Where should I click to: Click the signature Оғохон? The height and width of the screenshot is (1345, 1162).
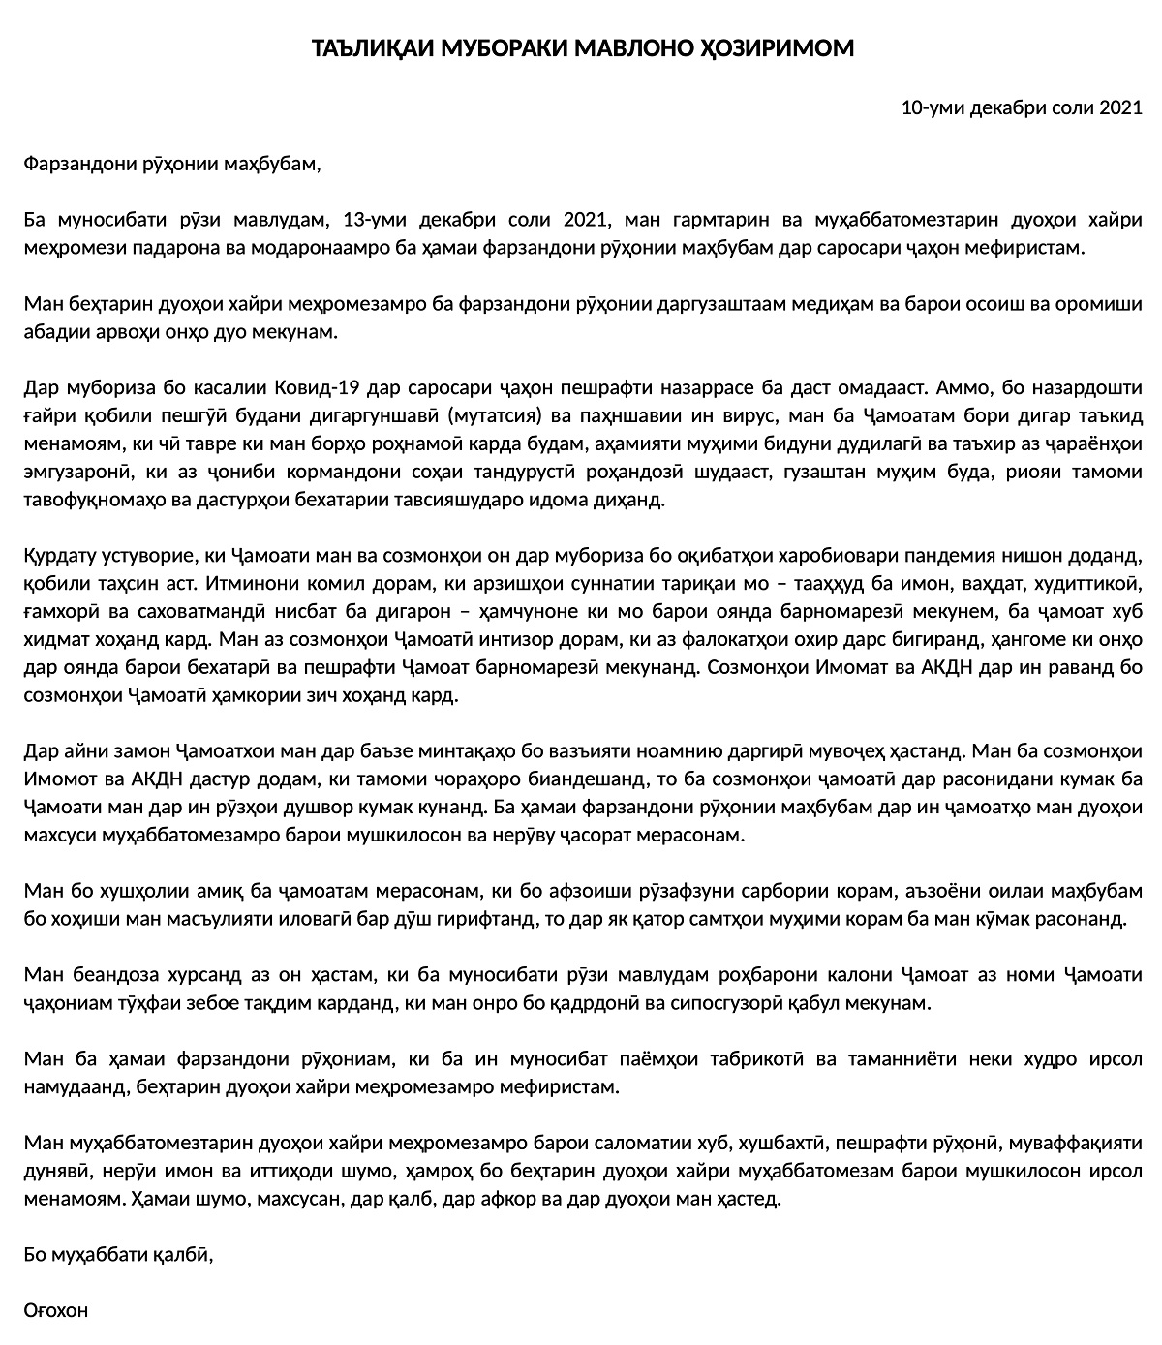(55, 1311)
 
